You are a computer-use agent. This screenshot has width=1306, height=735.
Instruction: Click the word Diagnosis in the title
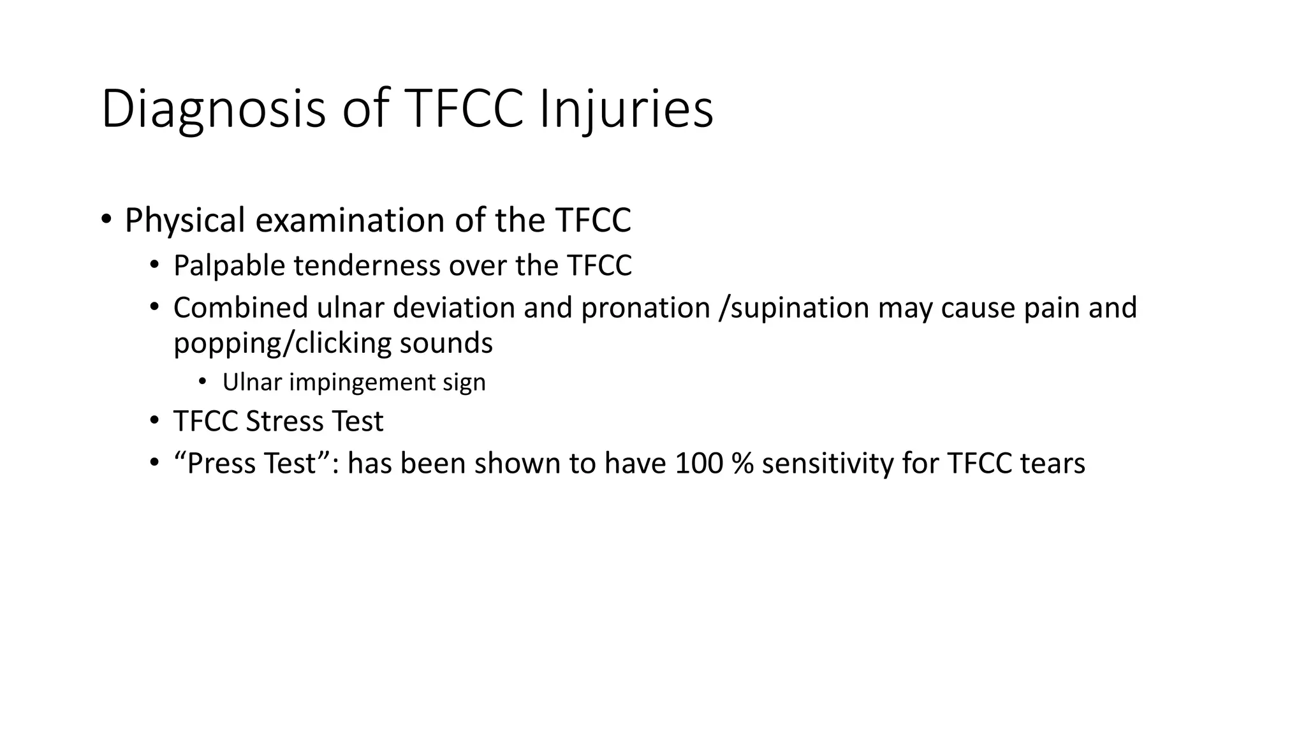(x=213, y=110)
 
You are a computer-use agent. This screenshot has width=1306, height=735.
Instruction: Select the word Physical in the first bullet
(x=185, y=221)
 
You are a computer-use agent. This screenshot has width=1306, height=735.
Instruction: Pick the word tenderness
(x=365, y=266)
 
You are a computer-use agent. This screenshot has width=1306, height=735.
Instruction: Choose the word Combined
(x=240, y=308)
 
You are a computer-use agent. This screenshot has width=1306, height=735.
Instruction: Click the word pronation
(x=645, y=308)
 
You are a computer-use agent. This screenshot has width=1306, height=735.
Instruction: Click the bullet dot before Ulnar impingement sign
(x=202, y=382)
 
